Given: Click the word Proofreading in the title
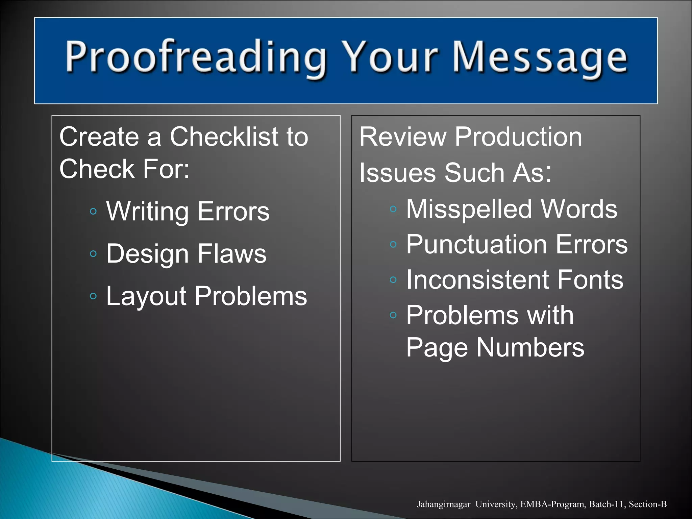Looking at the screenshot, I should [x=196, y=57].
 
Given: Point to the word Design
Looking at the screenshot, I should [x=147, y=254].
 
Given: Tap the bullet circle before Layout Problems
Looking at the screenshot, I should [x=94, y=296].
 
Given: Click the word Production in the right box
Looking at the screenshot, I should [x=518, y=137].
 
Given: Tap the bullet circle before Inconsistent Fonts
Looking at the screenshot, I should [x=393, y=280].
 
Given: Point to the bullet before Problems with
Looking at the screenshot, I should [x=393, y=315].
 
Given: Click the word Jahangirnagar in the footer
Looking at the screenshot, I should [x=443, y=504].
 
